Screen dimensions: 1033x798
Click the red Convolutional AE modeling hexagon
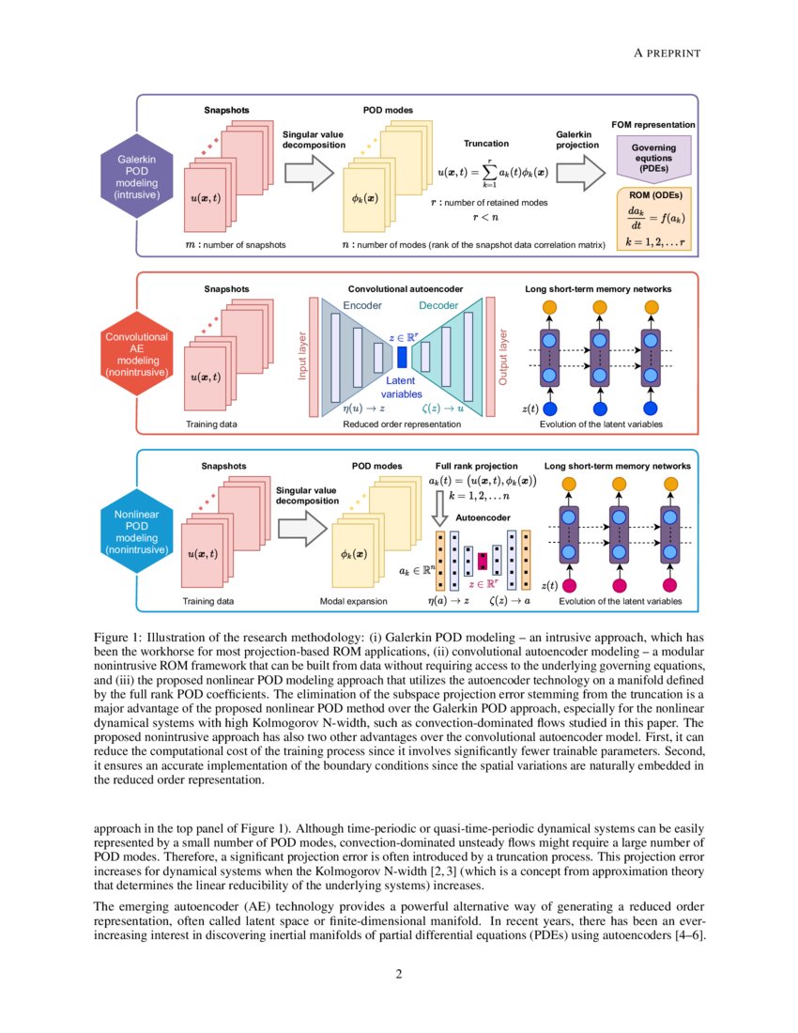pyautogui.click(x=136, y=354)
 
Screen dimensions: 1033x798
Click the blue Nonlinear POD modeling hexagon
pyautogui.click(x=136, y=532)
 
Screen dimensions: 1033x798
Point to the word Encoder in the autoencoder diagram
pyautogui.click(x=362, y=306)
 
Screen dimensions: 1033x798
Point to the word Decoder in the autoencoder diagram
pyautogui.click(x=438, y=306)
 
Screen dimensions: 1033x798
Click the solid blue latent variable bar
pyautogui.click(x=402, y=357)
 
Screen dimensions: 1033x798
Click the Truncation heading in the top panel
pyautogui.click(x=486, y=144)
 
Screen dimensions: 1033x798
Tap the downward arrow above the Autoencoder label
pyautogui.click(x=438, y=514)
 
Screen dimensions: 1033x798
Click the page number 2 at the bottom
pyautogui.click(x=399, y=973)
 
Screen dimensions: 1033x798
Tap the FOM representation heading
pyautogui.click(x=653, y=125)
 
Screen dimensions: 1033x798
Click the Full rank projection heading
pyautogui.click(x=476, y=466)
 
